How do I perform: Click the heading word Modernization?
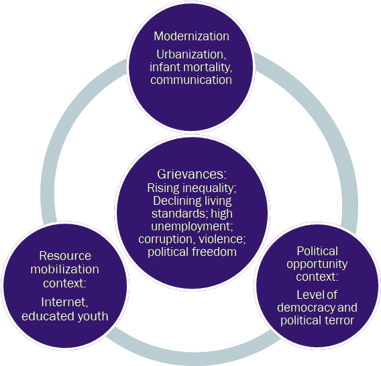(x=191, y=36)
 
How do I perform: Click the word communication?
(x=191, y=80)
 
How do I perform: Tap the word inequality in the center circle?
(x=209, y=188)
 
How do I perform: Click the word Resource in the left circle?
(x=65, y=256)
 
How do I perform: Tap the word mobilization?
(x=64, y=269)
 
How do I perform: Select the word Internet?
(x=64, y=302)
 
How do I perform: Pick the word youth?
(x=93, y=316)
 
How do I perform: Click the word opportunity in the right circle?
(x=317, y=265)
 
